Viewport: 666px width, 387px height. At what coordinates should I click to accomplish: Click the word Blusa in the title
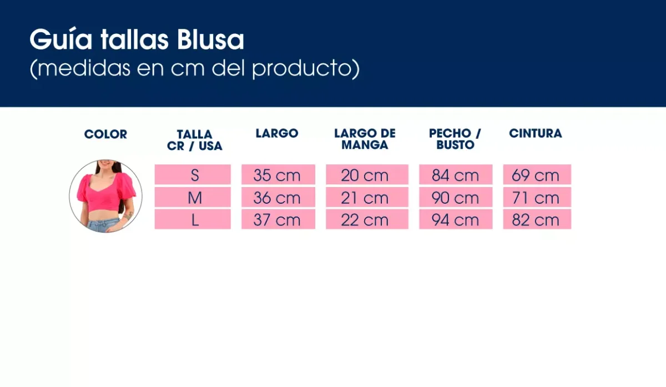pos(211,40)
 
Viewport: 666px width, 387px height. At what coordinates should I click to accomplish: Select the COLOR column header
pos(105,134)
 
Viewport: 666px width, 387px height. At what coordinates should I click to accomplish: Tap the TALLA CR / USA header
pos(194,140)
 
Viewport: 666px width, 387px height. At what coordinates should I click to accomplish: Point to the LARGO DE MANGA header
pos(365,139)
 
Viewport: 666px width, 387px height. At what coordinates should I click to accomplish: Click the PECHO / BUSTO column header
pos(455,139)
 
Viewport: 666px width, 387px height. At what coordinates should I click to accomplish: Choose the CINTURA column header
pos(535,133)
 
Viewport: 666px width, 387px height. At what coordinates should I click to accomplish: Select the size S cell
pos(193,175)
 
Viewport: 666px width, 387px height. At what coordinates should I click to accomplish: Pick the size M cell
pos(193,198)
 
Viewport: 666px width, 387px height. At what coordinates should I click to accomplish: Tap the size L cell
pos(193,220)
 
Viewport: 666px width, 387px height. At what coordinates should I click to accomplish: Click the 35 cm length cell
pos(277,175)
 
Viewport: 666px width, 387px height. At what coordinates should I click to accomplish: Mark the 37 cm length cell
pos(277,220)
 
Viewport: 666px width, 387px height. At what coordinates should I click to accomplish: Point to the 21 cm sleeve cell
pos(366,198)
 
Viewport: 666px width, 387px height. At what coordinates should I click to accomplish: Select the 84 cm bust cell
pos(455,175)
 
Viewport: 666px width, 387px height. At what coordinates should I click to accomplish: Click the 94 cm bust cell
pos(455,220)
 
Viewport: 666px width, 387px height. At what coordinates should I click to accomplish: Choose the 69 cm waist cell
pos(536,175)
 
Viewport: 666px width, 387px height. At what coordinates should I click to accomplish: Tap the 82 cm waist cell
pos(536,220)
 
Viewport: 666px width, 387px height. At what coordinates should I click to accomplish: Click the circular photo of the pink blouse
pos(105,196)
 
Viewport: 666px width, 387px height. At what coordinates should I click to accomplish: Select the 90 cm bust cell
pos(455,198)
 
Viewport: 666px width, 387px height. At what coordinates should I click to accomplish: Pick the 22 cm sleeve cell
pos(366,220)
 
